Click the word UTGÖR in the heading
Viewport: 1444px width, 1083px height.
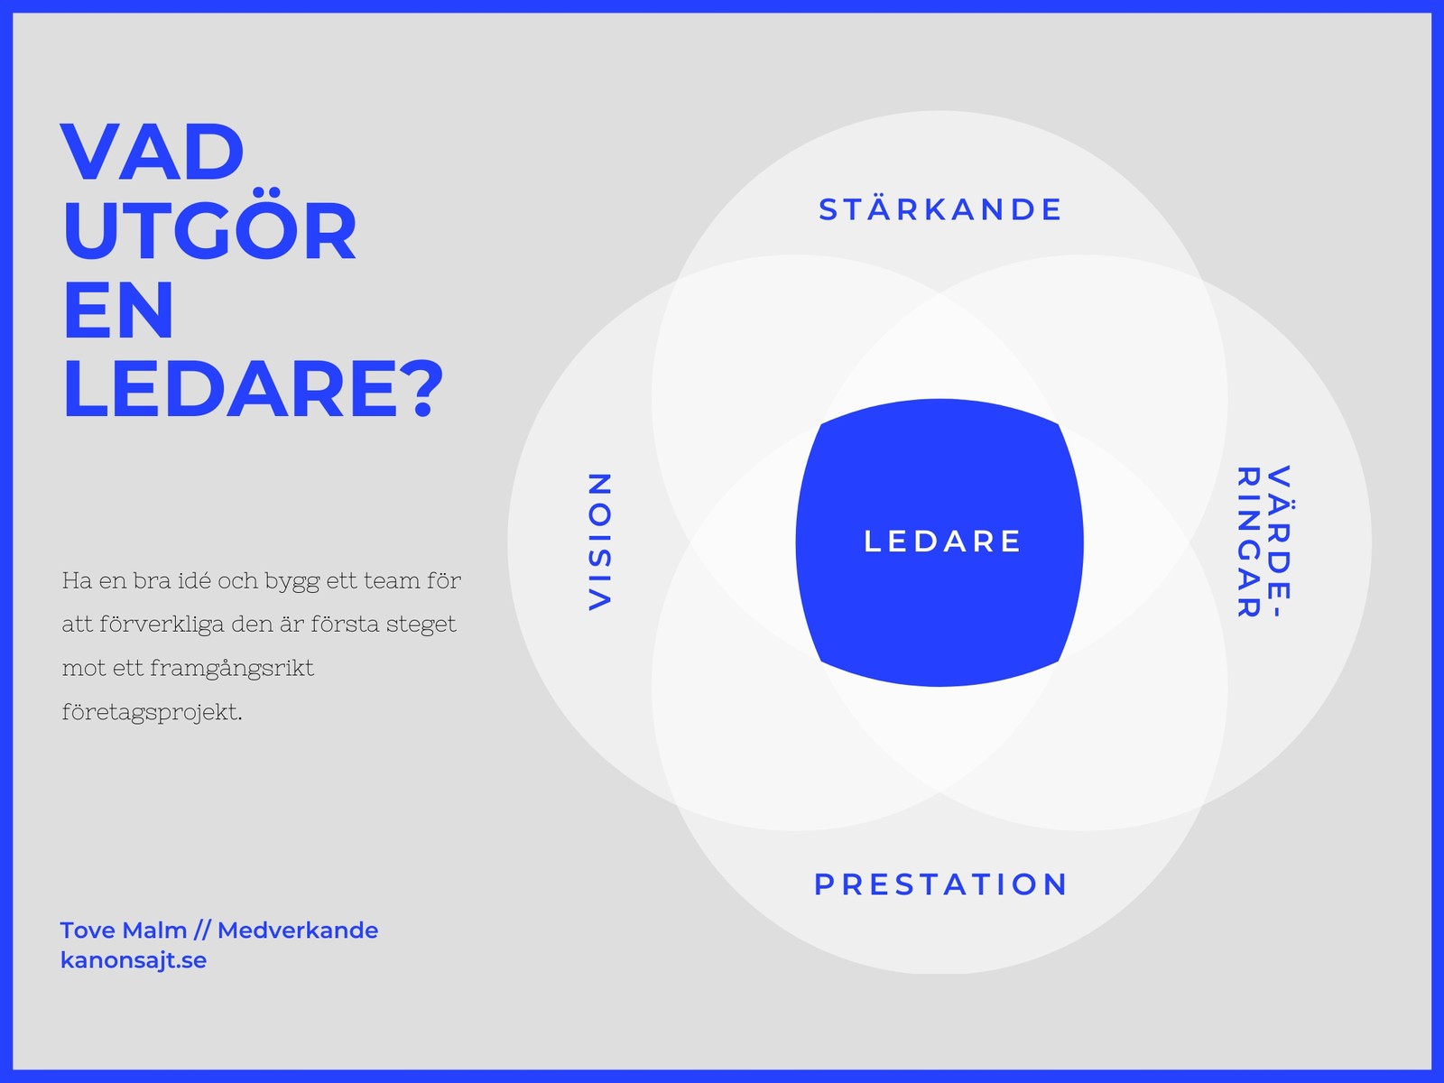(x=209, y=232)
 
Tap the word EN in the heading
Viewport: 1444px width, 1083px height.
(x=118, y=310)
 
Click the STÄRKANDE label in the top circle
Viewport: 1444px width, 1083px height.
(x=940, y=209)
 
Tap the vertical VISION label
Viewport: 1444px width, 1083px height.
(x=600, y=541)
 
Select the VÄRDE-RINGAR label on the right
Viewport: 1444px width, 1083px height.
(x=1263, y=541)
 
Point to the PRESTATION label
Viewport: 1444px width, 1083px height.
(x=941, y=884)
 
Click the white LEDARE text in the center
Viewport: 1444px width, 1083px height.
(x=942, y=541)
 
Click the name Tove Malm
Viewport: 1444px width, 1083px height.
(x=123, y=930)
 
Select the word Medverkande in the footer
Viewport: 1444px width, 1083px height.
(x=298, y=930)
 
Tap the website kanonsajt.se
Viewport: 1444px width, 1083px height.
(x=134, y=960)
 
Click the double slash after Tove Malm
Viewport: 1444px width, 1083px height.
(x=202, y=930)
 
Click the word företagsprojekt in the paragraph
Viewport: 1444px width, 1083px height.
(x=152, y=713)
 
